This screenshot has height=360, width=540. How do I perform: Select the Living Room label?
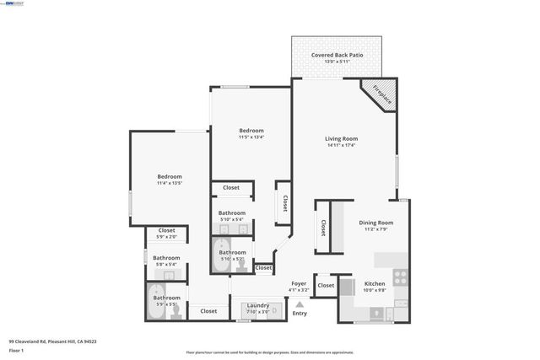tap(342, 138)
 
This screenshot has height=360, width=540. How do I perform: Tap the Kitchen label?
tap(375, 284)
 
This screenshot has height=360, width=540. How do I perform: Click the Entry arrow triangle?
tap(300, 304)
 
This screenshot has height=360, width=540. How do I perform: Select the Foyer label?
tap(300, 283)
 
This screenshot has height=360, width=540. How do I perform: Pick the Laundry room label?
tap(257, 305)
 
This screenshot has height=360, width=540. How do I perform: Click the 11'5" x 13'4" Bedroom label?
tap(251, 131)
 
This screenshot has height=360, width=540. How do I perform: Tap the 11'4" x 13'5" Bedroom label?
tap(170, 176)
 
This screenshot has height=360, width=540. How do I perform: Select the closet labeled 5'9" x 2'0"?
tap(167, 230)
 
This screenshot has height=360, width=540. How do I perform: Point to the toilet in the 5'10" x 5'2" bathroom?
tap(241, 265)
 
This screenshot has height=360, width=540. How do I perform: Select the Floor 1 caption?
tap(17, 351)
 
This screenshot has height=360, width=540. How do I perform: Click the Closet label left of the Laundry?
tap(208, 311)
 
